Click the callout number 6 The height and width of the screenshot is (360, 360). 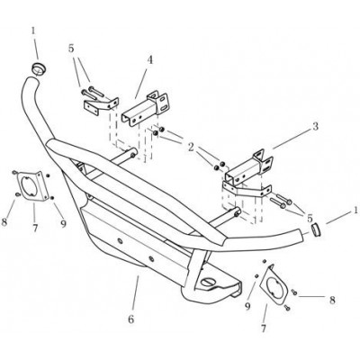tap(131, 319)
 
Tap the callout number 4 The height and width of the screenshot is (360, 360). tap(149, 60)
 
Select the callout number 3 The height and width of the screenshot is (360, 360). tap(315, 127)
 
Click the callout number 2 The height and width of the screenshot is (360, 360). tap(191, 148)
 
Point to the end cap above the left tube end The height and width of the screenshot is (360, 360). tap(38, 68)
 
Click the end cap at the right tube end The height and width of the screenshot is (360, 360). tap(315, 229)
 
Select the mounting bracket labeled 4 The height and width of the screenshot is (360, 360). tap(146, 107)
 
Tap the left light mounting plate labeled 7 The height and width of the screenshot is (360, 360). tap(31, 184)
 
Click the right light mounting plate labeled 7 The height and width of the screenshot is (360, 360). tap(274, 284)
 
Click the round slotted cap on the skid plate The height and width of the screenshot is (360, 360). tap(208, 282)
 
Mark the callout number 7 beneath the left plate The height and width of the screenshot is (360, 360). tap(35, 229)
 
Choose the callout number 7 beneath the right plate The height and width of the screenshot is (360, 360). tap(264, 328)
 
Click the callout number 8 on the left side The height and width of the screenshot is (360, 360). tap(4, 223)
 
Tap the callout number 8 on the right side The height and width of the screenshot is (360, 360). tap(332, 301)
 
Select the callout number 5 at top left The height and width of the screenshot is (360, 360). tap(71, 49)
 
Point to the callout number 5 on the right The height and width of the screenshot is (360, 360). tap(310, 218)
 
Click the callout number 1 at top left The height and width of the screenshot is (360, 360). tap(33, 31)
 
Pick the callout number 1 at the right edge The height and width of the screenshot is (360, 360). tap(355, 210)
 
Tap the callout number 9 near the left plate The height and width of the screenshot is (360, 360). tap(63, 223)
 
